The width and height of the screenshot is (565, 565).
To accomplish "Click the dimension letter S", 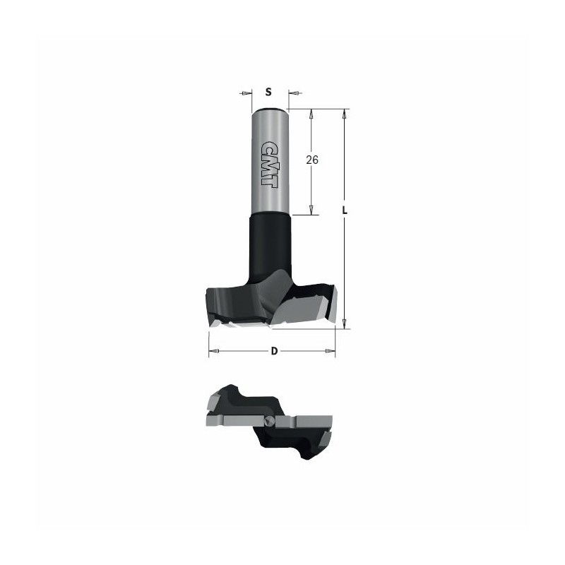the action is click(268, 93).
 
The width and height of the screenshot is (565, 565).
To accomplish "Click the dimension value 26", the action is click(312, 160).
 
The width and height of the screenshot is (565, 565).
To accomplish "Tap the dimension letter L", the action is click(345, 210).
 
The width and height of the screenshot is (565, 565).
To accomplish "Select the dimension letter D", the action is click(274, 350).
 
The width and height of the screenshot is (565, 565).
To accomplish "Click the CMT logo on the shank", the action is click(269, 164).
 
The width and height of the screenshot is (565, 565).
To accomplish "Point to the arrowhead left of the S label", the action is click(246, 93).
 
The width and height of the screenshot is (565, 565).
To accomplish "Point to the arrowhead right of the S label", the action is click(295, 93).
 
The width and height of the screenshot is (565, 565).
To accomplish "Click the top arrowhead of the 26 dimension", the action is click(311, 114).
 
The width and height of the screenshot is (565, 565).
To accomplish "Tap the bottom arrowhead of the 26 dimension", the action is click(311, 210).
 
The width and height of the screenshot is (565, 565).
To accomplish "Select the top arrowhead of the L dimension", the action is click(345, 114).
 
